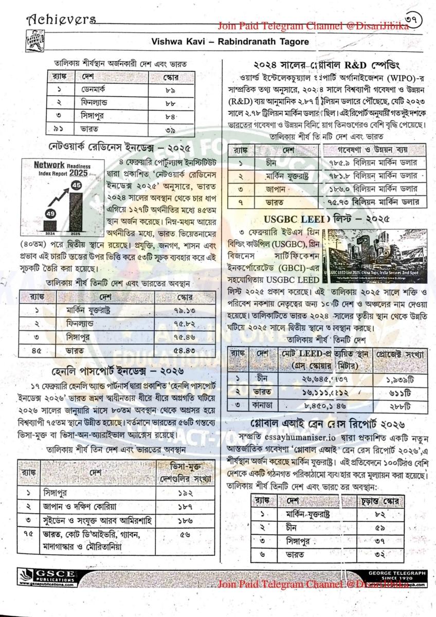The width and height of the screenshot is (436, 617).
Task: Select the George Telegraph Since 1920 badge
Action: click(397, 575)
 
